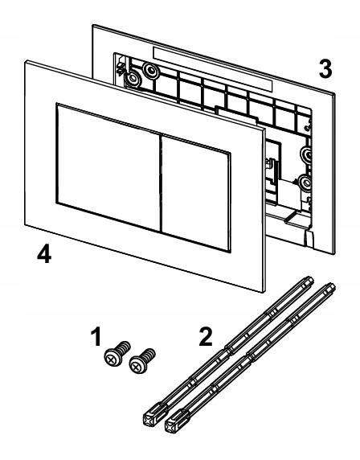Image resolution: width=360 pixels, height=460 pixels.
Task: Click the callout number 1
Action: pos(96,338)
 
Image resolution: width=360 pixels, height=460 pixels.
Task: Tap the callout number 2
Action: pos(206,337)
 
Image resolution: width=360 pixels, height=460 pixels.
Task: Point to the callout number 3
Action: pos(325,69)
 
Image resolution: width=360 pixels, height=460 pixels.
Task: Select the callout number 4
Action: pos(44,254)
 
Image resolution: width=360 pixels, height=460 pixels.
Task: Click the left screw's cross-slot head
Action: pos(112,358)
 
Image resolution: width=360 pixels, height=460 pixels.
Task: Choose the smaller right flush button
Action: pos(196,194)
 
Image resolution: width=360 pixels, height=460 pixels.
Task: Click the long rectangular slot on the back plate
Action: pos(213,68)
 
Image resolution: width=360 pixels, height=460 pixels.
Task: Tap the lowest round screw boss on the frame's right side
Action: pos(305,183)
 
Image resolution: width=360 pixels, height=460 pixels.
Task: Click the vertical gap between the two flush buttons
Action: pos(161,183)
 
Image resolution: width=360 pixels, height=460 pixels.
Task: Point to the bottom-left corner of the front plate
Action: pos(25,225)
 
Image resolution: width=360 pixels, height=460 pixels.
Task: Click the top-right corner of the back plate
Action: pos(334,94)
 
